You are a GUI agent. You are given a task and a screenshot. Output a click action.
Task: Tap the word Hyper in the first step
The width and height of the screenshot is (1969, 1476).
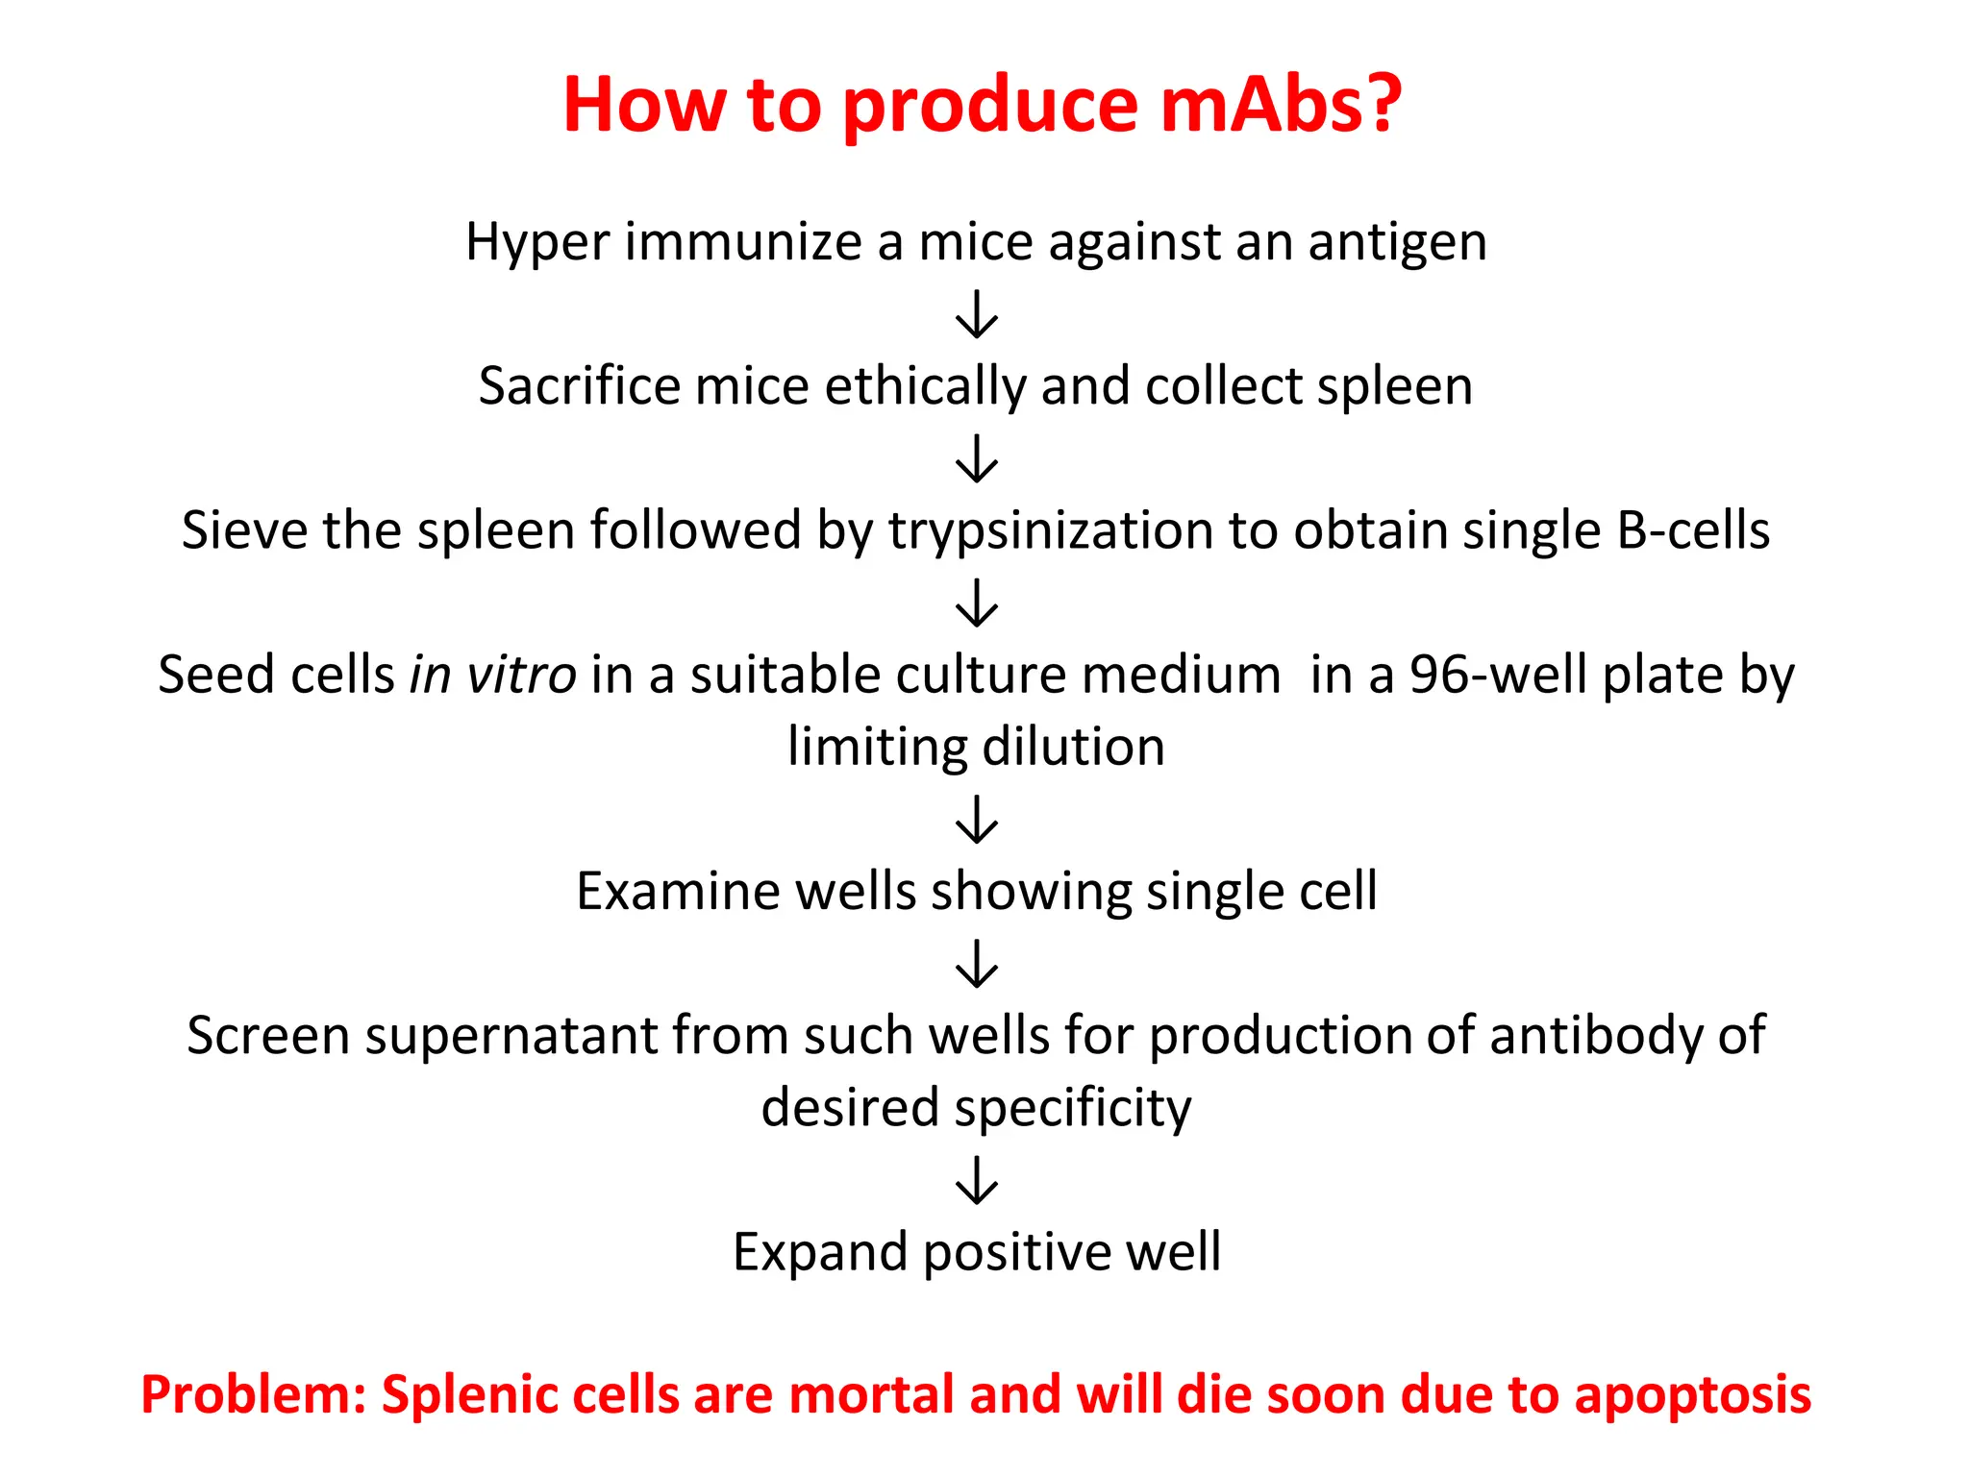536,242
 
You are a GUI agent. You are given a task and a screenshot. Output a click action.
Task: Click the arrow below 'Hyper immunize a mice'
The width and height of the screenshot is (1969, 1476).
977,314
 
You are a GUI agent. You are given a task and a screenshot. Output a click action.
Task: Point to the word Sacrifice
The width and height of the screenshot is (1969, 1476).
579,386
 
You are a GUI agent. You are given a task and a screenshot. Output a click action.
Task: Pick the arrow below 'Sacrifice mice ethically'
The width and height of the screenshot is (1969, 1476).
977,458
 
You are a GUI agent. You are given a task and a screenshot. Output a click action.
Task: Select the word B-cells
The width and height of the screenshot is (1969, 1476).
1693,530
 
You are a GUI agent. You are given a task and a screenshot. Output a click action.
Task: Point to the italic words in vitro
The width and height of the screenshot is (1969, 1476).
492,675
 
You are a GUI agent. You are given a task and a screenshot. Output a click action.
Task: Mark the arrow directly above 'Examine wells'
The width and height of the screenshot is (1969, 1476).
977,820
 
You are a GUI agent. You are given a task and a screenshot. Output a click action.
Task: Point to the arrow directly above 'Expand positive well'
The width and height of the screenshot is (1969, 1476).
977,1180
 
